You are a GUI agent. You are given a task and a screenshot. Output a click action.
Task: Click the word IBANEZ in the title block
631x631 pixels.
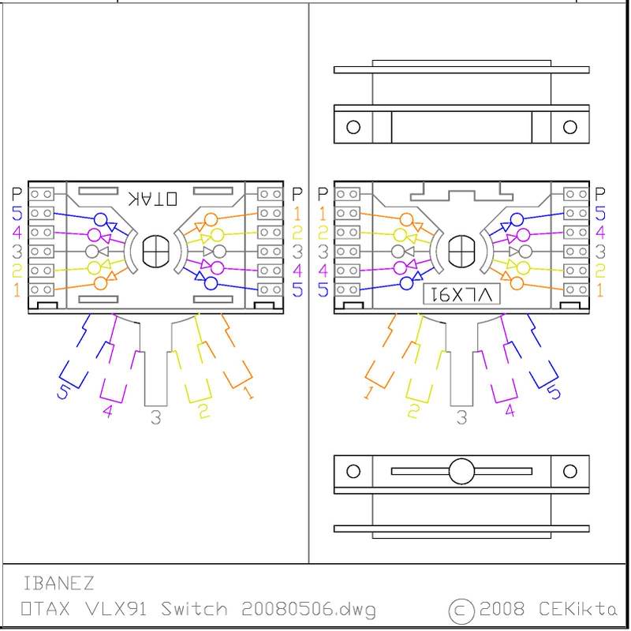coord(58,584)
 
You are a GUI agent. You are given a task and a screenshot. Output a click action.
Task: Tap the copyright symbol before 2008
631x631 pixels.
coord(461,610)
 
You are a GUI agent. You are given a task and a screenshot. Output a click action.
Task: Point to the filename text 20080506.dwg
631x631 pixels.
coord(308,610)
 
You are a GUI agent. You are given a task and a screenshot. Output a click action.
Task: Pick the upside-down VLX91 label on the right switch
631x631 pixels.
coord(462,294)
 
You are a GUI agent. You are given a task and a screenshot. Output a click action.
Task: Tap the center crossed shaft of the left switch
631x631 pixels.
coord(155,252)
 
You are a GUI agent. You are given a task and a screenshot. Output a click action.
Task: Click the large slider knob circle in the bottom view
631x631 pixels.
coord(462,472)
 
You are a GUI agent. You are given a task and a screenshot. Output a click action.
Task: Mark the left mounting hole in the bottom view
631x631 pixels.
coord(353,472)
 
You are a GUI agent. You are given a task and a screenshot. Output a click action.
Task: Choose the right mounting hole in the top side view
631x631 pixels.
coord(569,127)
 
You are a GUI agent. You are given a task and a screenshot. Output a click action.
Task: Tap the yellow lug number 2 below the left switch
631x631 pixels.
coord(203,410)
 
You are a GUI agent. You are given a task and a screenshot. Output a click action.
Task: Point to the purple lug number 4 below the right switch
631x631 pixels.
coord(509,410)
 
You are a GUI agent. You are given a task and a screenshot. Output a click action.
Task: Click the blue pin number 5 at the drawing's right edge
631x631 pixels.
coord(600,213)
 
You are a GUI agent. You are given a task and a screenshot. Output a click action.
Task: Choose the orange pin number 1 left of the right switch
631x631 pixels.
coord(322,213)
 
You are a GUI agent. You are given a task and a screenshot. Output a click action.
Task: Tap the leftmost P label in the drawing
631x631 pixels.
coord(17,193)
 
